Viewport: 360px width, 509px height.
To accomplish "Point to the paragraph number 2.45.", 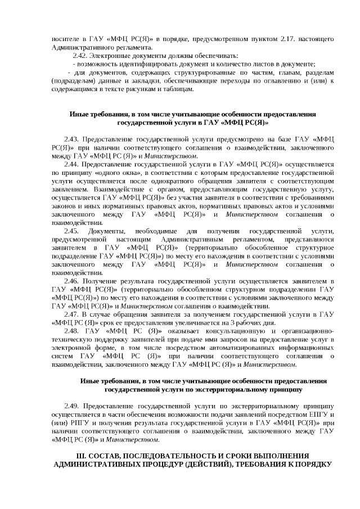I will pyautogui.click(x=73, y=231).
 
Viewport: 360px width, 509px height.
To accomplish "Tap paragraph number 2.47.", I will pyautogui.click(x=74, y=314).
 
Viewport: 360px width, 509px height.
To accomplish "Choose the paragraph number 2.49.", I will pyautogui.click(x=74, y=406).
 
